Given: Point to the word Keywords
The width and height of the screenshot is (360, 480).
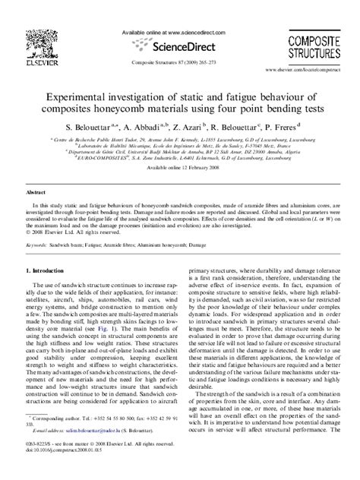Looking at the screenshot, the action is pos(36,248).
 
